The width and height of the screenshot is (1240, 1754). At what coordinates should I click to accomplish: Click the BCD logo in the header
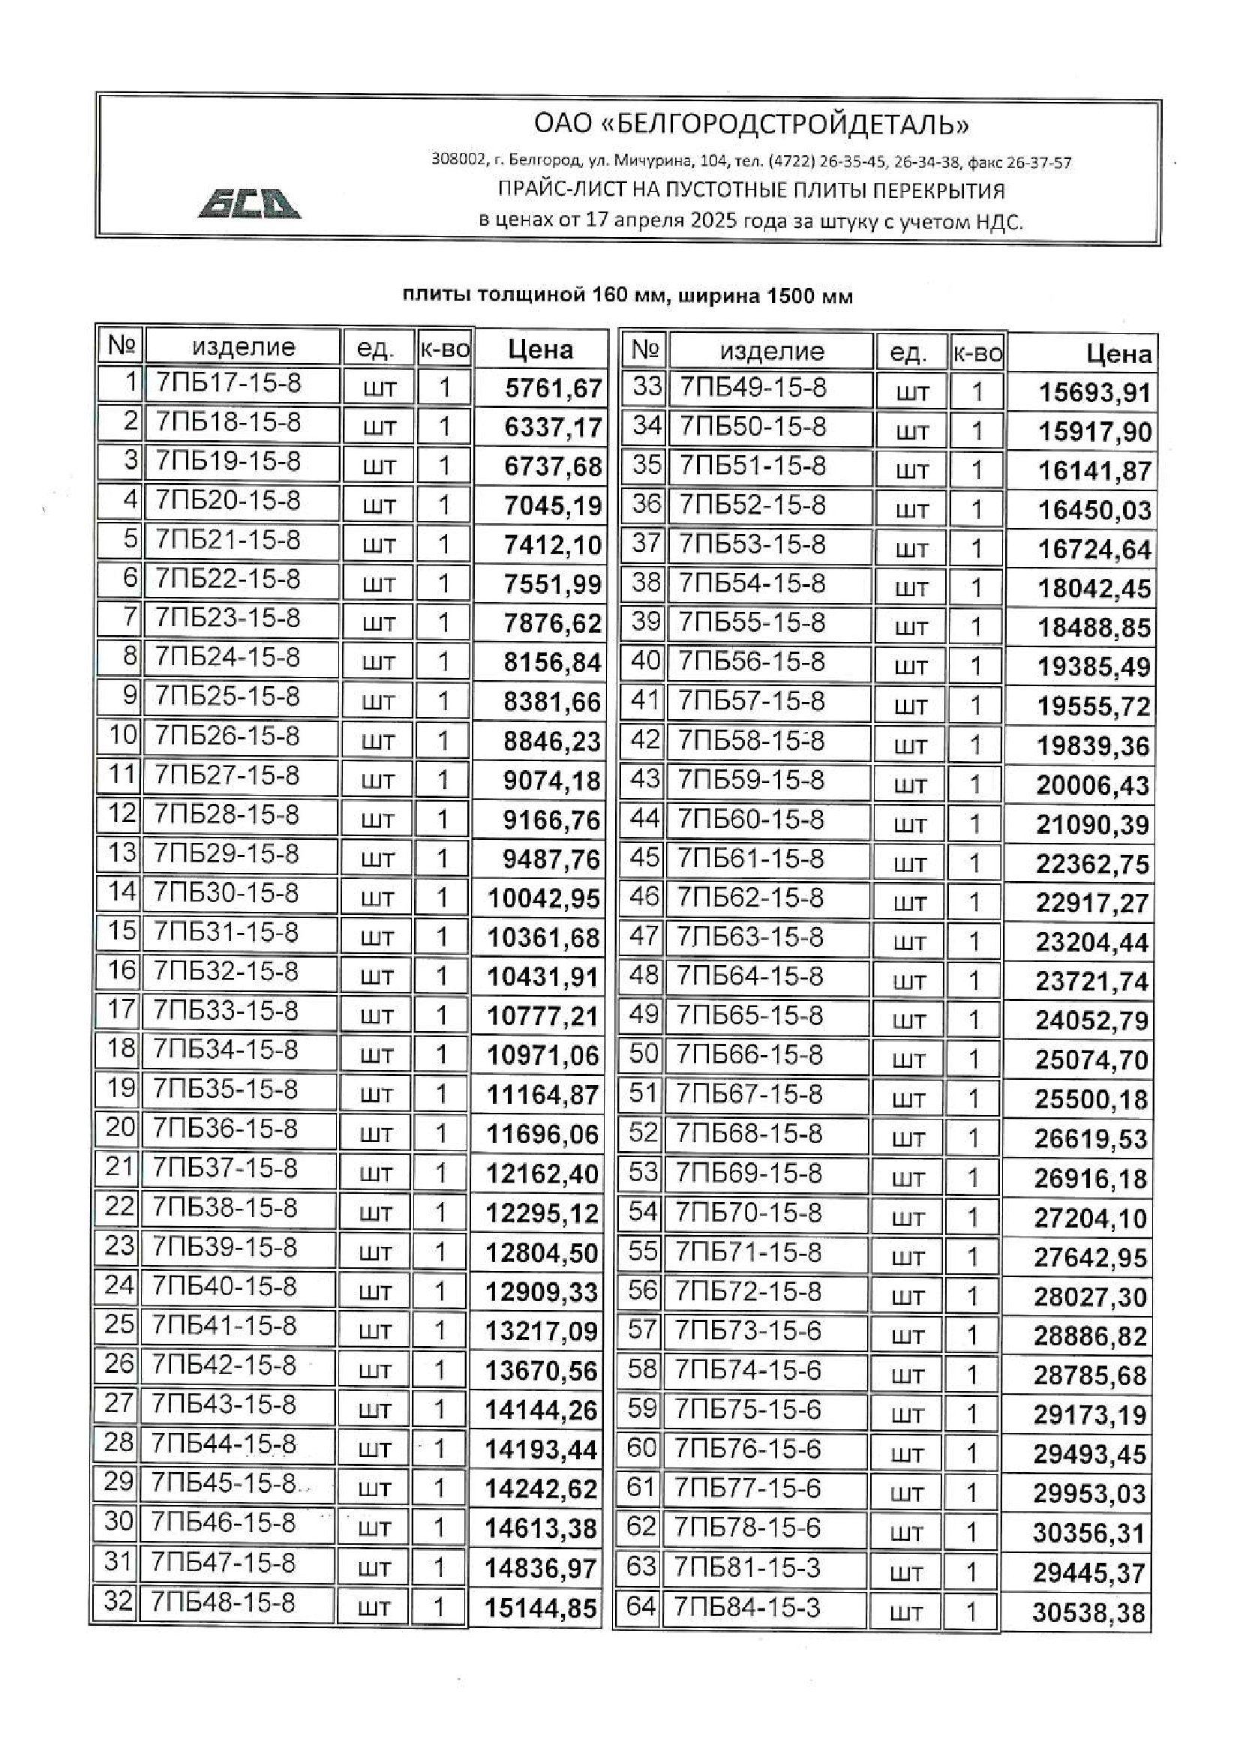[249, 203]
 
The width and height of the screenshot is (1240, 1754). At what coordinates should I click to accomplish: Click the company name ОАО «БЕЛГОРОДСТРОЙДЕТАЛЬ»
[751, 124]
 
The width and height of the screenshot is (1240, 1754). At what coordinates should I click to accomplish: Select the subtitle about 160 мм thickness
[627, 296]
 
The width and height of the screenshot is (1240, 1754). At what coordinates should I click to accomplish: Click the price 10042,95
[543, 898]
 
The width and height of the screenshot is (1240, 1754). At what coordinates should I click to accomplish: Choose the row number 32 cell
[119, 1600]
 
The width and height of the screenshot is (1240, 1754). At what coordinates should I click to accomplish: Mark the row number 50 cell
[644, 1055]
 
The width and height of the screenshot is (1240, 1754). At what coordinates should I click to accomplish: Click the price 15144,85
[540, 1609]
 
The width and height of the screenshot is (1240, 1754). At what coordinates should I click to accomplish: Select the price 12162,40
[542, 1174]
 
